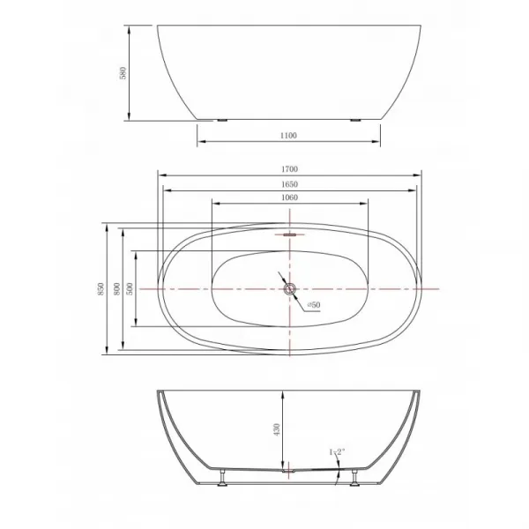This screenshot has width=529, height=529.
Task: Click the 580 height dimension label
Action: pyautogui.click(x=123, y=73)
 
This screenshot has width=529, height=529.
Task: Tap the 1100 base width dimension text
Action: pyautogui.click(x=289, y=136)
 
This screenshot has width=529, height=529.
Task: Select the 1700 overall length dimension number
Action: pyautogui.click(x=289, y=169)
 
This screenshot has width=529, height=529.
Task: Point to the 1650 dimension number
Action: pyautogui.click(x=289, y=184)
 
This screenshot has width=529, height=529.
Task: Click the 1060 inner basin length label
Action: pyautogui.click(x=289, y=197)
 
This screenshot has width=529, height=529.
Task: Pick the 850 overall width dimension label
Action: pyautogui.click(x=101, y=289)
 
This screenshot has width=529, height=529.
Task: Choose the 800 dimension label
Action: pyautogui.click(x=116, y=289)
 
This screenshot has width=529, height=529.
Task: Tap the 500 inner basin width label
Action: pyautogui.click(x=130, y=289)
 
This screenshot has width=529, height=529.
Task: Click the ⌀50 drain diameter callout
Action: pyautogui.click(x=313, y=305)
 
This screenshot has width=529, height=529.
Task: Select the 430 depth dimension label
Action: pyautogui.click(x=277, y=430)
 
